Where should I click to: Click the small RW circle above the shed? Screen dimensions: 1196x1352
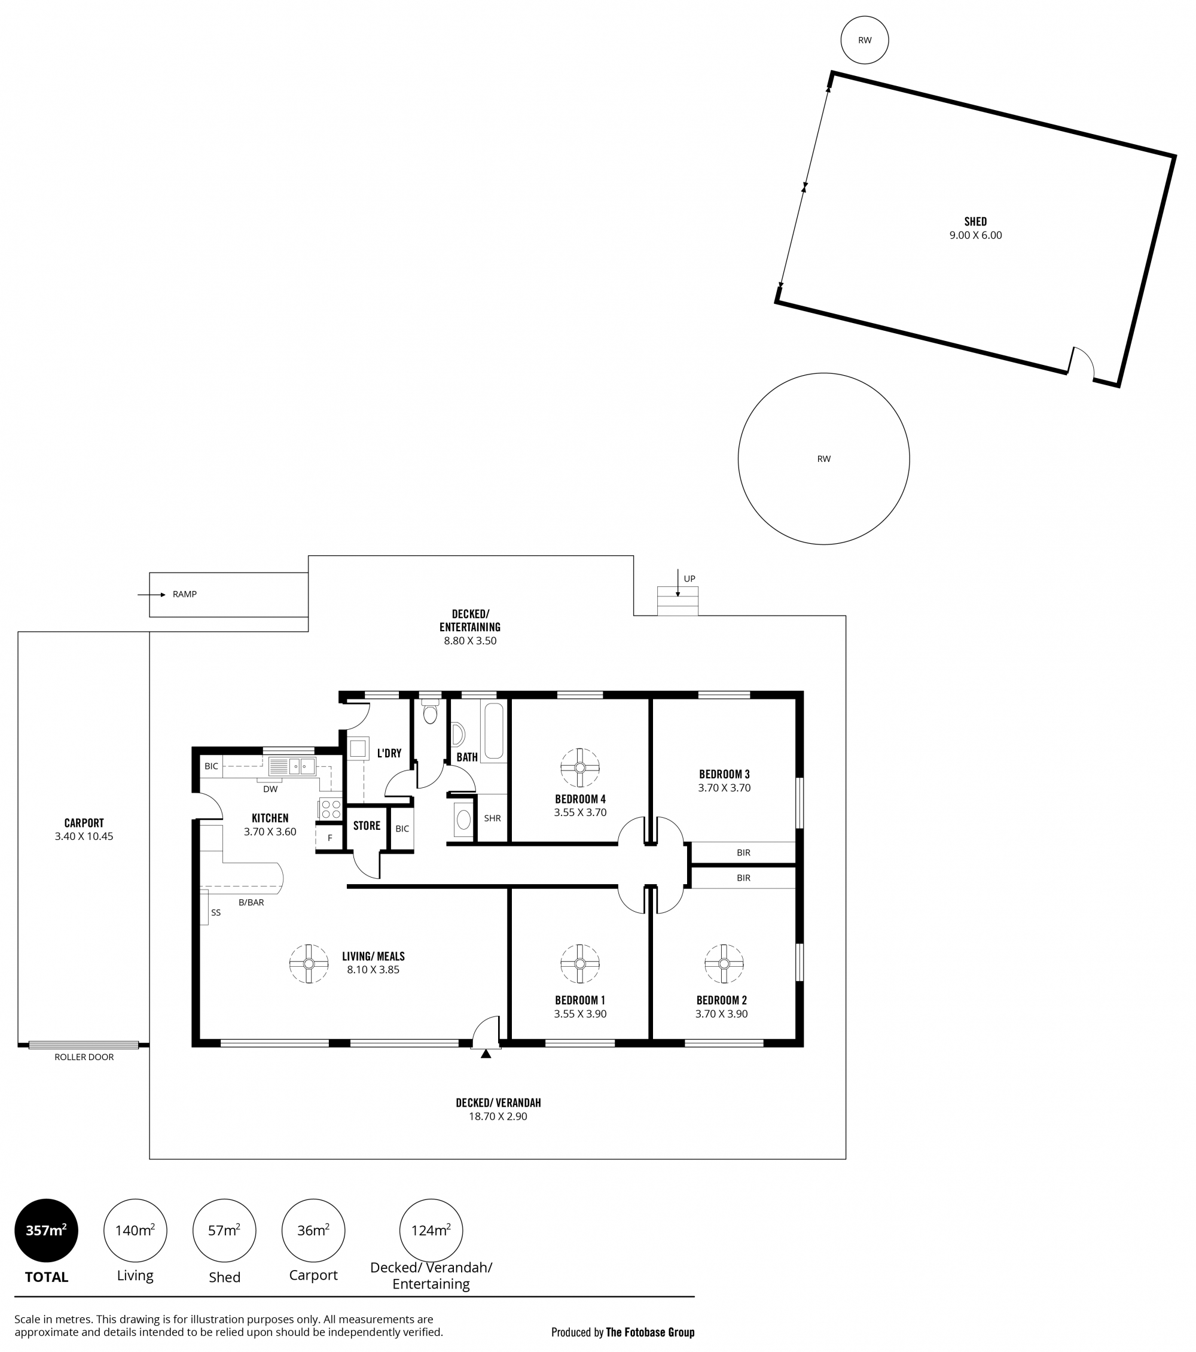[x=864, y=39]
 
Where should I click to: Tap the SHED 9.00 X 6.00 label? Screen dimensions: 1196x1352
[x=975, y=228]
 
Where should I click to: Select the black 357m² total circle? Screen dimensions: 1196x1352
[x=46, y=1231]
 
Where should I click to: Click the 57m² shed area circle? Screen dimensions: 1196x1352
[x=224, y=1231]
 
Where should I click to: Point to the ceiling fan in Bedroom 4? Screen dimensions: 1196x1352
[x=580, y=768]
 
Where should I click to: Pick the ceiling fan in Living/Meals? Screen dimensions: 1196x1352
[x=309, y=964]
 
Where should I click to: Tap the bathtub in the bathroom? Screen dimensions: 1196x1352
[x=494, y=730]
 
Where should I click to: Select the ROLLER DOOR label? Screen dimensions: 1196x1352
[x=84, y=1057]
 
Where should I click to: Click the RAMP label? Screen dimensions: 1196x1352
[x=184, y=594]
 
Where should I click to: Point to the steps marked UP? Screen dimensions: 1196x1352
[x=677, y=601]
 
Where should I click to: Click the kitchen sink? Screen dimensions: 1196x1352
[x=292, y=766]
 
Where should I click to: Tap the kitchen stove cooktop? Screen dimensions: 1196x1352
[x=331, y=809]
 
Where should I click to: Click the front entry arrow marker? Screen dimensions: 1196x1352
[x=486, y=1053]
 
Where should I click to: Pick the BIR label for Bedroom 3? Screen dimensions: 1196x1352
[x=743, y=852]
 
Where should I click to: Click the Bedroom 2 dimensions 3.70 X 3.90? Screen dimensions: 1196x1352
[x=721, y=1014]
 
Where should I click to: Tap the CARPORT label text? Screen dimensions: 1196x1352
[x=84, y=823]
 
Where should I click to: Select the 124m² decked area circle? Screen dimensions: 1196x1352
[x=431, y=1231]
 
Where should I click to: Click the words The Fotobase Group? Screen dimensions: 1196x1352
[x=650, y=1332]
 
